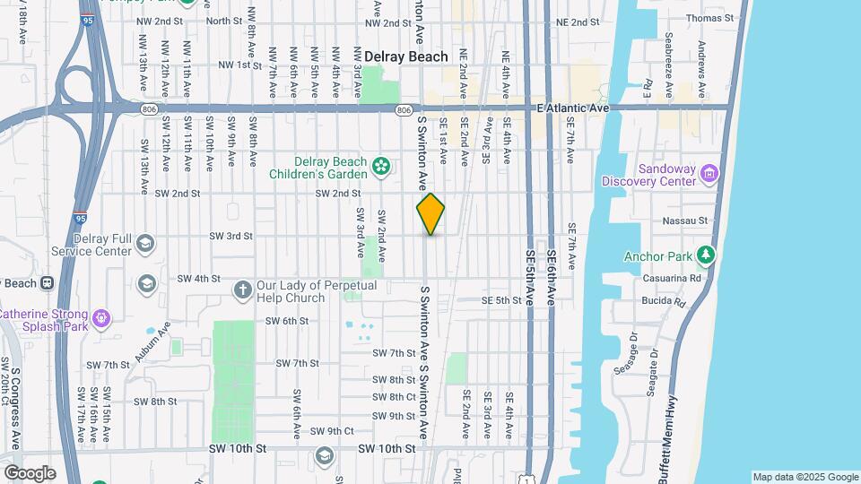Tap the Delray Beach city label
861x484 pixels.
(x=405, y=56)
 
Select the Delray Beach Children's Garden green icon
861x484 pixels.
(x=381, y=166)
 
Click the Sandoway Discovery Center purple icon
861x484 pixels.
(x=709, y=173)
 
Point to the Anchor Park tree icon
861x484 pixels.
(x=707, y=257)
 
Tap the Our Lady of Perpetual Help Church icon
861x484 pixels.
(x=242, y=290)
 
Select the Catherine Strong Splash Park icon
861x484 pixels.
(x=100, y=316)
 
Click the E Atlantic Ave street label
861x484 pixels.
(x=573, y=108)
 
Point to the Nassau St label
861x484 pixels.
(x=710, y=220)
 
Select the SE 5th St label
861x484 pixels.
(x=500, y=300)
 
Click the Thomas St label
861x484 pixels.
(x=709, y=18)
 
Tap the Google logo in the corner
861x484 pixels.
(x=30, y=472)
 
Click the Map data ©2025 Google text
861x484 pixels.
(x=804, y=477)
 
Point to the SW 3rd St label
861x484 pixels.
(x=231, y=236)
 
